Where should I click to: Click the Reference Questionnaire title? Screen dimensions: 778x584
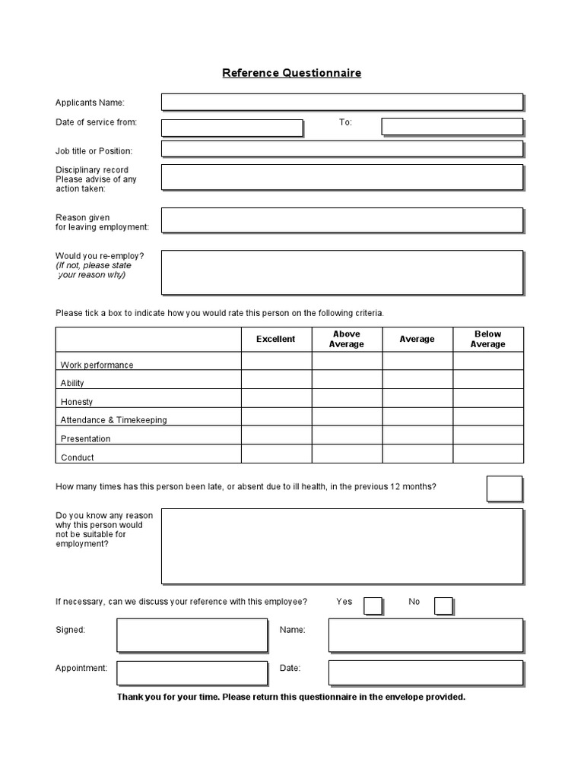pos(291,73)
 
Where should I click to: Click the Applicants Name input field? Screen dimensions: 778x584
pos(341,102)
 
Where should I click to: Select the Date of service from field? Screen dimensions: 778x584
pos(232,127)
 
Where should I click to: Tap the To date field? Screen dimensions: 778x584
pos(452,126)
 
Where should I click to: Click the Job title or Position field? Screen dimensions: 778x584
pos(341,149)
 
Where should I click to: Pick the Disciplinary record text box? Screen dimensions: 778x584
pos(341,177)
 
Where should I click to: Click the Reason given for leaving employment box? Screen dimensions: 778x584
pos(341,220)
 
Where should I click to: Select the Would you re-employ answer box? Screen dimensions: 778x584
pos(341,272)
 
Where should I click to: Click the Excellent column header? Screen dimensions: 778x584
pos(276,339)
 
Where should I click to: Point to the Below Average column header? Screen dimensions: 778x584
pos(487,339)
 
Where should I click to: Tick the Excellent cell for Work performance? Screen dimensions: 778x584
pos(276,361)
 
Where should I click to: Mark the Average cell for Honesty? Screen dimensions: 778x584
pos(417,398)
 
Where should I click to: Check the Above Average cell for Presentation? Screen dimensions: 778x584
pos(347,435)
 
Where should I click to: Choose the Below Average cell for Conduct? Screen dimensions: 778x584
pos(488,454)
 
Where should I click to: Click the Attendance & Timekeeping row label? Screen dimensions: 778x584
pos(114,419)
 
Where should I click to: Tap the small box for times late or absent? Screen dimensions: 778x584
pos(504,489)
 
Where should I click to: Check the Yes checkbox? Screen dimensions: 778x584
pos(373,605)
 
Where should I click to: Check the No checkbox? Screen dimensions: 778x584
pos(443,605)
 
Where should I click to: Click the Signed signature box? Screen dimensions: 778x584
pos(192,634)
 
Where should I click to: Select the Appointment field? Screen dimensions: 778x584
pos(192,672)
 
